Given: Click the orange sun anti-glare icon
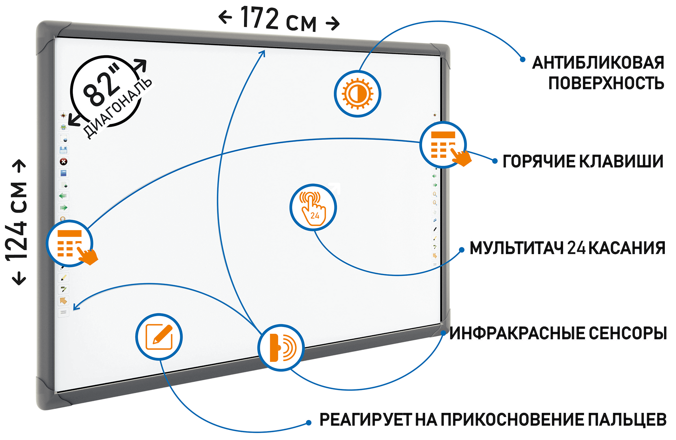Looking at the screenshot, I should (357, 94).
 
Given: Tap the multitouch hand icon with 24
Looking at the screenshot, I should (313, 207).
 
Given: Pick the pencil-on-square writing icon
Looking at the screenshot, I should (159, 337).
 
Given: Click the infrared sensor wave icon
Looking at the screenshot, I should (281, 348).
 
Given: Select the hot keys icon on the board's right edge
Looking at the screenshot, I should (443, 145).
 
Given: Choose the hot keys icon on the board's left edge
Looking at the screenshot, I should (70, 243).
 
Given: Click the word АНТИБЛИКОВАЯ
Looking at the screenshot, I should (598, 63).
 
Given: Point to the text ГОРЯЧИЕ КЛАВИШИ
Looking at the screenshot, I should (583, 162).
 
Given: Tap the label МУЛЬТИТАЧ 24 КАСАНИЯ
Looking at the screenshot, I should (567, 248).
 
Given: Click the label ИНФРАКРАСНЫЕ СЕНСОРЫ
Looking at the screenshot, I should (558, 333).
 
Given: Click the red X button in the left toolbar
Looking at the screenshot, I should (63, 162).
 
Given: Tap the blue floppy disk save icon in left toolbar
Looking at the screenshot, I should (63, 150).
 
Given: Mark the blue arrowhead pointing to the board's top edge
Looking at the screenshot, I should (263, 53).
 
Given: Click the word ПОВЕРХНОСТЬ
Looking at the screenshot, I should (606, 83).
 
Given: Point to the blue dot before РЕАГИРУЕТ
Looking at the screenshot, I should (309, 423).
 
